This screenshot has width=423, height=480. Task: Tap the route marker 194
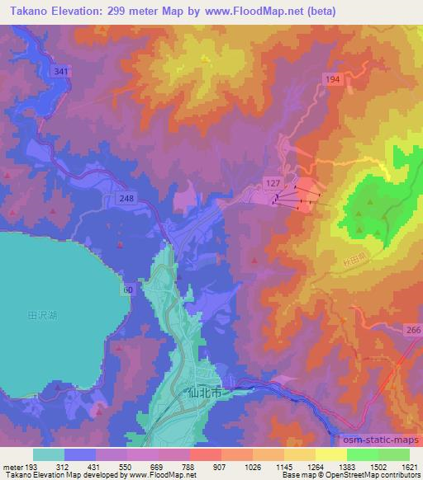331,77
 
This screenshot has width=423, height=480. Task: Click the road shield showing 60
127,289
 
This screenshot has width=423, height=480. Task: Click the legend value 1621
408,466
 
